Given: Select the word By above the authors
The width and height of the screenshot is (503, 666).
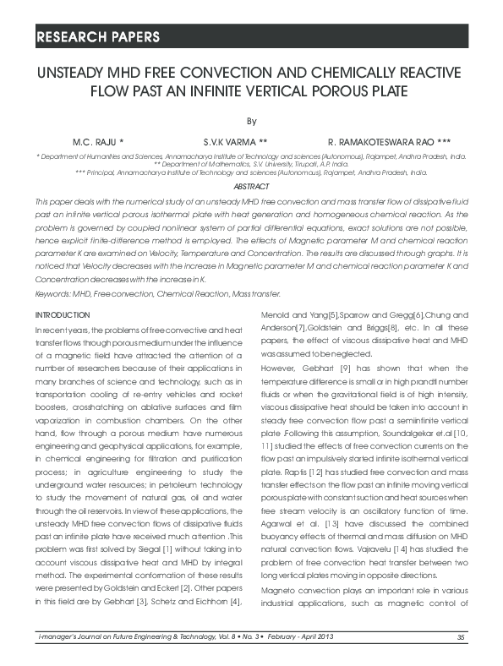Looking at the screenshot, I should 251,121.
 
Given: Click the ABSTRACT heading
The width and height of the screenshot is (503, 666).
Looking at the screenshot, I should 251,186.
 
